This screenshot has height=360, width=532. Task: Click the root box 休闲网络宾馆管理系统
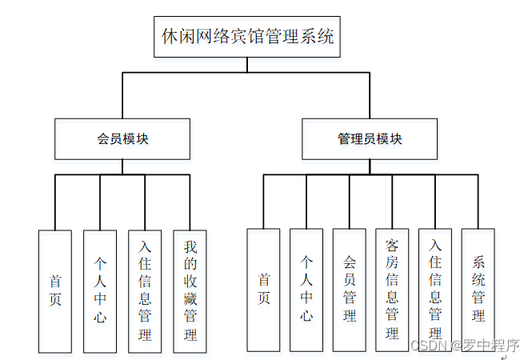(x=246, y=37)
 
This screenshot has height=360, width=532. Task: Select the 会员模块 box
(x=122, y=138)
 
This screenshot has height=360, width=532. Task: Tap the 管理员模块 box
(x=370, y=138)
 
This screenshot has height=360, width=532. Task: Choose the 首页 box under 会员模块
(x=55, y=291)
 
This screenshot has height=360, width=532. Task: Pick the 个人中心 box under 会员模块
(x=100, y=291)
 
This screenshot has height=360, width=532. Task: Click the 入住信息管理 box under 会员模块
(x=145, y=291)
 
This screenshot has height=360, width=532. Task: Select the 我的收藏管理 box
(x=190, y=291)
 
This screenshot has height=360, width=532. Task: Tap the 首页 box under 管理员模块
(x=263, y=290)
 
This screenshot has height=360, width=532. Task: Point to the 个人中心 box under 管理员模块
(x=306, y=290)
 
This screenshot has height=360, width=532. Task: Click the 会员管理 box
(x=350, y=290)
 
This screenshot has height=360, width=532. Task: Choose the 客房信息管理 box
(x=392, y=290)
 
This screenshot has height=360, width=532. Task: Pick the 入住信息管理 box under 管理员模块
(x=435, y=290)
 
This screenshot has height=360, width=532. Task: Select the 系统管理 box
(x=478, y=290)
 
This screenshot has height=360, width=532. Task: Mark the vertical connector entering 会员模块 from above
(x=122, y=95)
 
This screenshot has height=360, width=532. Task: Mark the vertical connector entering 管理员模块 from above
(x=370, y=95)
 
